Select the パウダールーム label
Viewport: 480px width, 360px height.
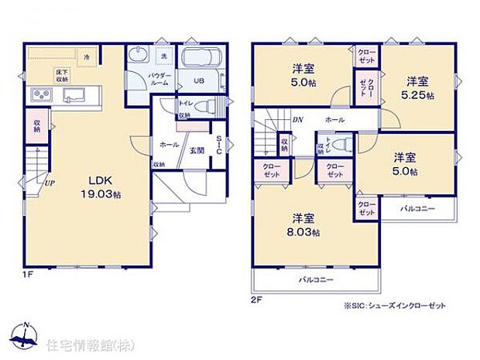click(x=159, y=79)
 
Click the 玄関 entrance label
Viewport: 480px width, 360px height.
click(x=197, y=150)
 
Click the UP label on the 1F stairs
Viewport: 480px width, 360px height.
click(x=50, y=183)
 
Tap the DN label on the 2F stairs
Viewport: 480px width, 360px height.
click(x=298, y=120)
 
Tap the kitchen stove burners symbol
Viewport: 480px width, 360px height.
click(x=40, y=95)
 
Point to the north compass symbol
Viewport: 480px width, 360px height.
click(x=26, y=334)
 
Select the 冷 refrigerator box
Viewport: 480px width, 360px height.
click(x=87, y=57)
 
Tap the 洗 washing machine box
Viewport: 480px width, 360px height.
click(x=163, y=55)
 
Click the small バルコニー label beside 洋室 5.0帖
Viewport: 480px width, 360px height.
click(x=417, y=209)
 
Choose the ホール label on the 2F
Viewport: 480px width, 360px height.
click(x=335, y=120)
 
